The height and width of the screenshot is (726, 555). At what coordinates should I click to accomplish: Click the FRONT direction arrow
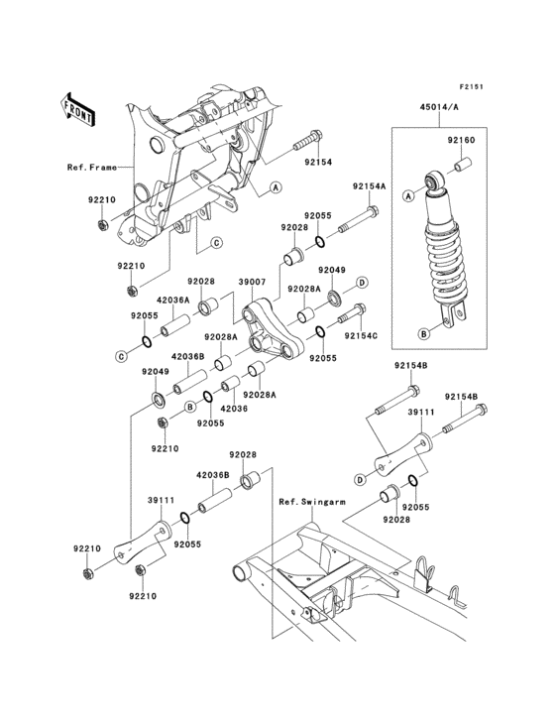[77, 109]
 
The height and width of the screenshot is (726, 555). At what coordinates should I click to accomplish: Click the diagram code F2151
[471, 86]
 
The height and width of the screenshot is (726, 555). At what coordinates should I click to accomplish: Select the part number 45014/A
[439, 107]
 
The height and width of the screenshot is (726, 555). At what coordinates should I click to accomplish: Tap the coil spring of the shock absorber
[445, 263]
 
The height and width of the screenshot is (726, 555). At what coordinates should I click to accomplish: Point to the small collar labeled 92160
[463, 165]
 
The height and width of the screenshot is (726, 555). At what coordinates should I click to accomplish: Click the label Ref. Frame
[92, 168]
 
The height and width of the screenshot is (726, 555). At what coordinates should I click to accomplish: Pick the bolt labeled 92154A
[359, 220]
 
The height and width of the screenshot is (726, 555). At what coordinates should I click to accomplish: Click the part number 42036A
[172, 301]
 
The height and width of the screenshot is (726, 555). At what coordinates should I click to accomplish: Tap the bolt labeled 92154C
[352, 313]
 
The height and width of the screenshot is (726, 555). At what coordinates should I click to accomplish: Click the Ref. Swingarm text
[312, 502]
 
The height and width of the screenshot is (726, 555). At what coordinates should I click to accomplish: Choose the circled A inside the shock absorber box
[408, 196]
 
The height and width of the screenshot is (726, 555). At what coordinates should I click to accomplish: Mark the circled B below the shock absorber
[424, 333]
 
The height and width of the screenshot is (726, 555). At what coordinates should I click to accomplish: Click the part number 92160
[460, 140]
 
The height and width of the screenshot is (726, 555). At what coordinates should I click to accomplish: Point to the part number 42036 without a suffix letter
[234, 409]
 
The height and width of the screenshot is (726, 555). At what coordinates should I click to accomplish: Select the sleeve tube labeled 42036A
[175, 325]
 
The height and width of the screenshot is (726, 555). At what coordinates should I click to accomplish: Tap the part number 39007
[252, 282]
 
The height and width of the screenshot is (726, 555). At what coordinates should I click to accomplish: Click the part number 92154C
[361, 335]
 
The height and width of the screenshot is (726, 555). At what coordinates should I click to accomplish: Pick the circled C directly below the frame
[216, 243]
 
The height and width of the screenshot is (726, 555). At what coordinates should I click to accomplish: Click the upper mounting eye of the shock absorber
[434, 181]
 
